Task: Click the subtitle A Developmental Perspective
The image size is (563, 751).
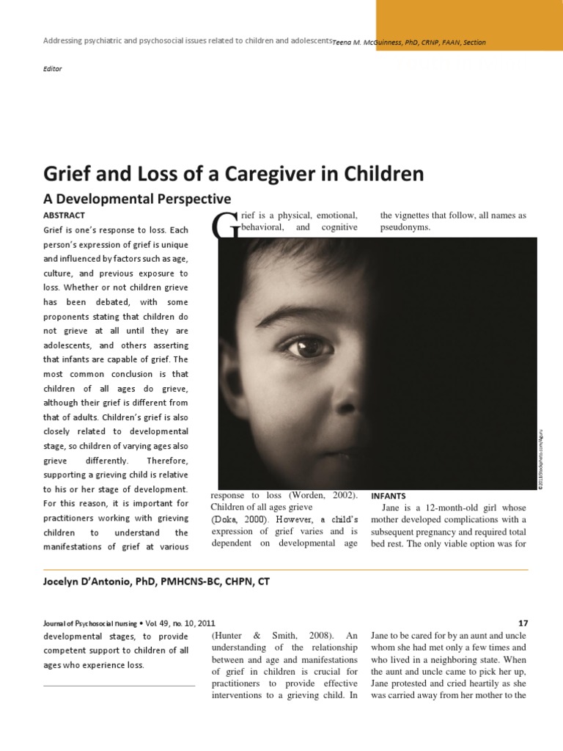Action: [x=138, y=199]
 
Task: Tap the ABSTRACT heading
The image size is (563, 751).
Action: [x=65, y=215]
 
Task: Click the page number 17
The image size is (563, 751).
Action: [x=522, y=623]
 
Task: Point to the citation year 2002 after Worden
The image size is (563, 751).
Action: [x=337, y=495]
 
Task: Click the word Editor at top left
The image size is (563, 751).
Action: [x=53, y=69]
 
